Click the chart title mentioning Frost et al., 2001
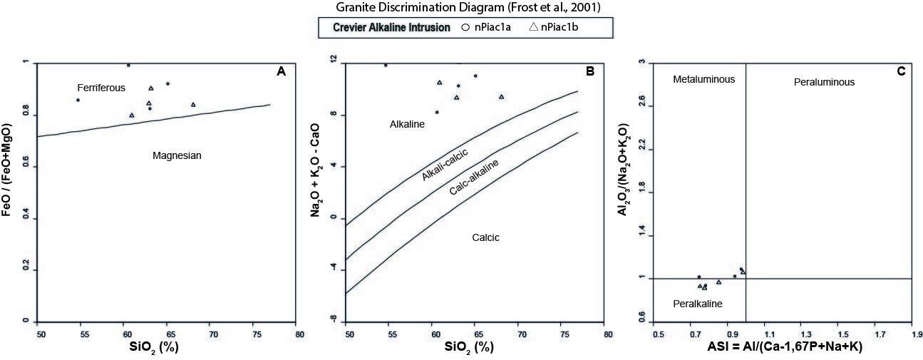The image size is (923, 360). (461, 8)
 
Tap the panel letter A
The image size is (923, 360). (281, 71)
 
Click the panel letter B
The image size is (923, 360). (590, 71)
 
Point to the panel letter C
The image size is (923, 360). (901, 71)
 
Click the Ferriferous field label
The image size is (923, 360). (101, 88)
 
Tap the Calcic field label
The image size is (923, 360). (485, 237)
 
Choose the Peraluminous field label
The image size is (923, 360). (824, 83)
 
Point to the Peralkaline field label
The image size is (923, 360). (698, 304)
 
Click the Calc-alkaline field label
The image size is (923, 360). (473, 179)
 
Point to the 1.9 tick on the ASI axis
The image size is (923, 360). (912, 333)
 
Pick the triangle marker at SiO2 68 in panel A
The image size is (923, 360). (193, 105)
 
